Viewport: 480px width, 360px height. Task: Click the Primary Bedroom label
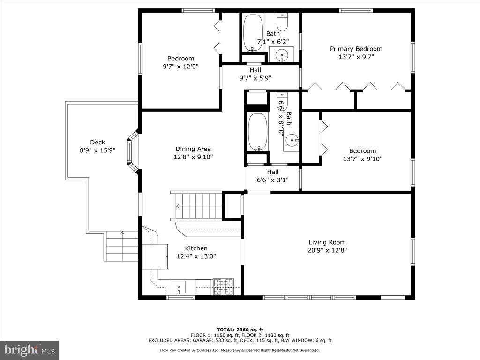tap(356, 49)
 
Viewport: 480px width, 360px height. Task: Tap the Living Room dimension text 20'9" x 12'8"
tap(327, 250)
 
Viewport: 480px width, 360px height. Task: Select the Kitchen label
tap(196, 248)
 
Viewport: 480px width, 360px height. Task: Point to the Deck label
tap(97, 142)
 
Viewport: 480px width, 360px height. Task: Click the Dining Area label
tap(193, 149)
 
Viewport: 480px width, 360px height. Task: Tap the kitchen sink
tap(179, 287)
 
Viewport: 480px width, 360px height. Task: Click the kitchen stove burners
tap(223, 287)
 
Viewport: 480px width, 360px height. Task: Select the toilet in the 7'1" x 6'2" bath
tap(282, 22)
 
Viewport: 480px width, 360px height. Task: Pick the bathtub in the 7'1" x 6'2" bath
tap(253, 33)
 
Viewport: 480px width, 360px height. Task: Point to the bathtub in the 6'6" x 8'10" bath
tap(258, 132)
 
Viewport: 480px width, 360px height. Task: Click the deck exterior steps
tap(122, 246)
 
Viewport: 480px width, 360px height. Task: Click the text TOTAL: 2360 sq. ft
tap(240, 330)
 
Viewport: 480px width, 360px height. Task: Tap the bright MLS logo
tap(30, 350)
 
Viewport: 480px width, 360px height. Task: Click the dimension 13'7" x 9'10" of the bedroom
tap(363, 158)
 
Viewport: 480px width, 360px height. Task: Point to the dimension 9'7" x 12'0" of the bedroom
tap(180, 66)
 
